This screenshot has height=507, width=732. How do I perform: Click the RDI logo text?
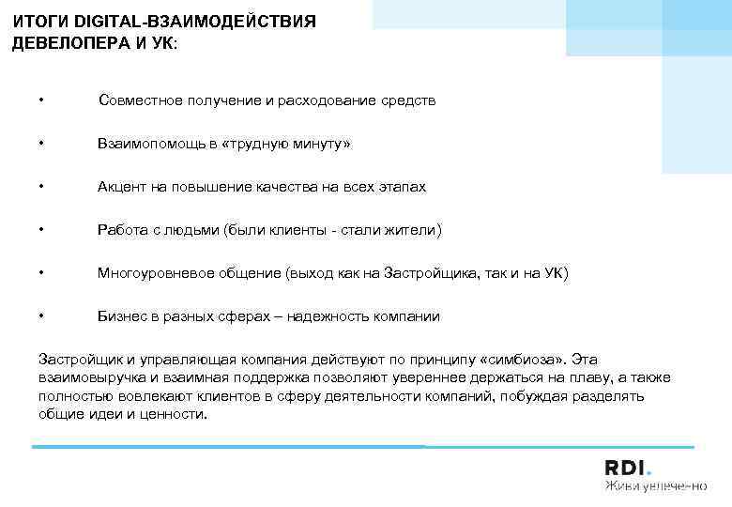point(628,468)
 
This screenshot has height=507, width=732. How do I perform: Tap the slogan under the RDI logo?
point(654,486)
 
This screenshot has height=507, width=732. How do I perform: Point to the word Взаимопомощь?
point(144,144)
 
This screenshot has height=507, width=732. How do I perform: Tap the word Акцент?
point(120,187)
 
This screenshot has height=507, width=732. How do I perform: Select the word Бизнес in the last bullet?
point(121,316)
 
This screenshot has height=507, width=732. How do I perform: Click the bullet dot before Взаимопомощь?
point(42,144)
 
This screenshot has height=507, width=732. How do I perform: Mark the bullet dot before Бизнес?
point(42,316)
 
